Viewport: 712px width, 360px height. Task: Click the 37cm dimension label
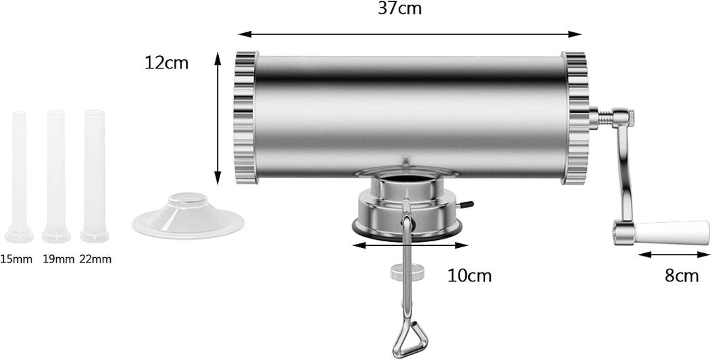tap(400, 9)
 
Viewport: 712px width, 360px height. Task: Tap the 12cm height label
tap(167, 63)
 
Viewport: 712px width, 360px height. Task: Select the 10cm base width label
tap(469, 276)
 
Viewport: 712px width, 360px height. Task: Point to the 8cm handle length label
tap(682, 276)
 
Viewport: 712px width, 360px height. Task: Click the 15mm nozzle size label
tap(16, 260)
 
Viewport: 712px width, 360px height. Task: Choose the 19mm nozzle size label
tap(59, 260)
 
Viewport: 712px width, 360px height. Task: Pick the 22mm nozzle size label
tap(96, 260)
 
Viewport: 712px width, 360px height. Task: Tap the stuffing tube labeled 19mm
tap(56, 176)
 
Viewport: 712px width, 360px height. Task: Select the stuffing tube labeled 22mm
tap(94, 175)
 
